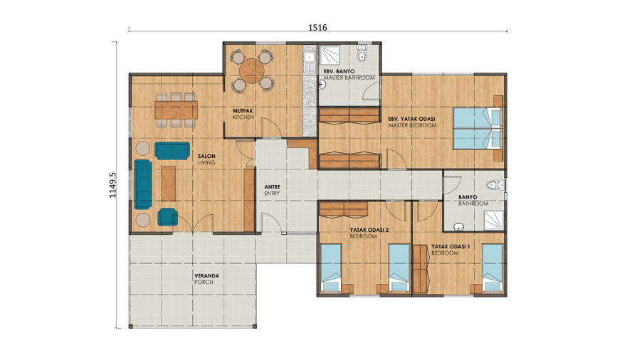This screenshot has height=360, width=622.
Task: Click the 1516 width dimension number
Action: click(317, 27)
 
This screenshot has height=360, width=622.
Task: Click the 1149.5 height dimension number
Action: click(112, 185)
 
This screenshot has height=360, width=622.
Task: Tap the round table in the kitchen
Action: click(252, 70)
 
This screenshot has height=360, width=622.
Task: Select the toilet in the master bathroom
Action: click(362, 54)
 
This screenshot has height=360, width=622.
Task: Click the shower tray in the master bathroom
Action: click(330, 55)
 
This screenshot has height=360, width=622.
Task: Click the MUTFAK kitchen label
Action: click(243, 115)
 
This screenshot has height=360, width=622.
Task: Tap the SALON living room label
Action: click(206, 159)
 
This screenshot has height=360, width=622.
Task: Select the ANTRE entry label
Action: click(272, 190)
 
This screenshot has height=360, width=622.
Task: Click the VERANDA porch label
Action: click(206, 279)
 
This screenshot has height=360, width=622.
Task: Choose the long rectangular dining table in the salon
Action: click(176, 110)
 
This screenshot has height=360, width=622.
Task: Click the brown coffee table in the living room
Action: click(169, 183)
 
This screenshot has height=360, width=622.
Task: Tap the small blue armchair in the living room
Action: click(167, 217)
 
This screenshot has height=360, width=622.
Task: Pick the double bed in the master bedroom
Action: click(478, 129)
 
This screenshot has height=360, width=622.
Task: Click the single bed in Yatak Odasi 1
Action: click(492, 268)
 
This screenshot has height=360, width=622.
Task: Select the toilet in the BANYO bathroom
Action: click(495, 185)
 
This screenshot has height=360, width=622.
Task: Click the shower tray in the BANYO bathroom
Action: click(494, 221)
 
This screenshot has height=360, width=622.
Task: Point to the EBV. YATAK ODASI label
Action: click(412, 122)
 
